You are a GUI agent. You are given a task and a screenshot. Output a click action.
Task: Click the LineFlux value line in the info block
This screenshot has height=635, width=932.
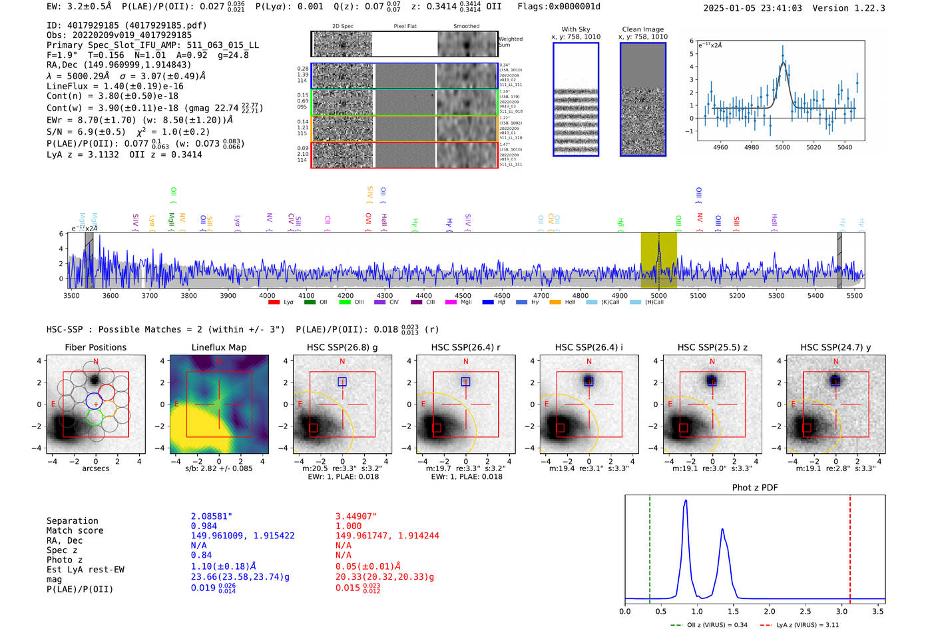(115, 86)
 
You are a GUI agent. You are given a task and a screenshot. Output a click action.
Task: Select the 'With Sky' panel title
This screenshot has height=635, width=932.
(575, 29)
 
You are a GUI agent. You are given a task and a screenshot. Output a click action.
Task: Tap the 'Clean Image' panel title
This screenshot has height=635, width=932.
(642, 29)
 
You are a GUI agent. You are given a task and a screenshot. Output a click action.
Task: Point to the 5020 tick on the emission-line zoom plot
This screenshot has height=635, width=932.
(814, 147)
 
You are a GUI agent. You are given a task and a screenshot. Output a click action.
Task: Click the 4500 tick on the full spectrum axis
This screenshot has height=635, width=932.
(463, 295)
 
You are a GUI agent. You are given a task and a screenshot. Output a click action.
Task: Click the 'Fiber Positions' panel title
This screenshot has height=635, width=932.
(95, 347)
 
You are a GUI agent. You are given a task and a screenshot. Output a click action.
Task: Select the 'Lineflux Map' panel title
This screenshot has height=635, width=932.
(219, 347)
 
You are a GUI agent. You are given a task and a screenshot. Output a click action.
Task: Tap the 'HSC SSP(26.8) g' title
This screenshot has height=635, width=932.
(342, 347)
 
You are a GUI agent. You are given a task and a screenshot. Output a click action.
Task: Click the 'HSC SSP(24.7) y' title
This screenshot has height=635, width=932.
(835, 347)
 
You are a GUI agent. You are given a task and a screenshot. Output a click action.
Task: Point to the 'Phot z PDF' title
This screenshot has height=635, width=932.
(755, 488)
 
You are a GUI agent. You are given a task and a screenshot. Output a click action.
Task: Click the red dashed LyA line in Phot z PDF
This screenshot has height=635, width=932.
(850, 546)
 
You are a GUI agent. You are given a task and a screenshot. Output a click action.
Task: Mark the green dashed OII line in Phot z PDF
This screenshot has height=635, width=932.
(650, 546)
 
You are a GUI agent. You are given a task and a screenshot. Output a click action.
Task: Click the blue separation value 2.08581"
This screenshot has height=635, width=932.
(212, 516)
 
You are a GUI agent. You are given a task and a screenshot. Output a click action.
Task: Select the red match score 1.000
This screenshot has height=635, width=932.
(348, 526)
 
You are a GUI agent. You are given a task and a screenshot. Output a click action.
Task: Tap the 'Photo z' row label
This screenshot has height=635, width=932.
(65, 560)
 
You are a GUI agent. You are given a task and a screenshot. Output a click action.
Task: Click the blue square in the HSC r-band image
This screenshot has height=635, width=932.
(465, 382)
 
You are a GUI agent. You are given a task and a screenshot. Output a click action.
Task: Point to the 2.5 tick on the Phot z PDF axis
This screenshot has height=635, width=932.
(806, 611)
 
